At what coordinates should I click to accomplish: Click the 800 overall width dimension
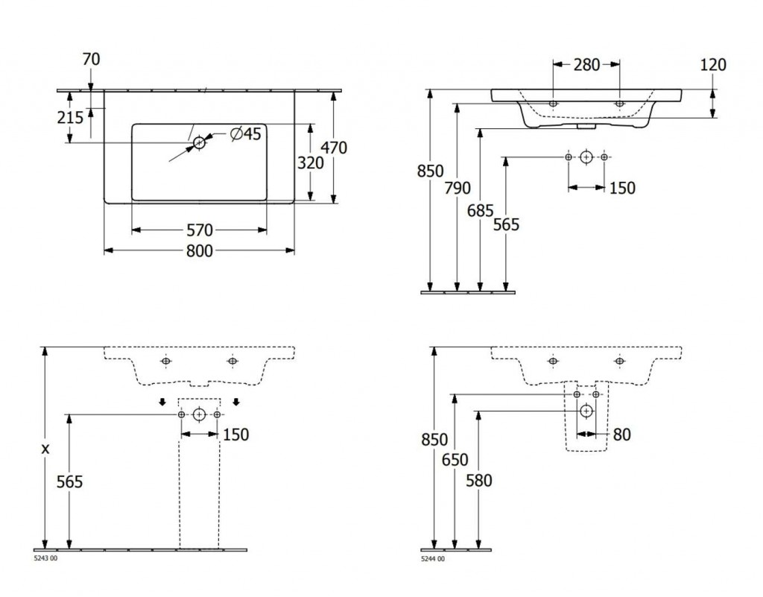tap(198, 251)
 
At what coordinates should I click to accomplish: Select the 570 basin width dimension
tap(198, 230)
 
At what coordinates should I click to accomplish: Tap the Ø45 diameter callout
tap(245, 134)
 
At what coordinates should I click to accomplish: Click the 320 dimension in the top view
tap(310, 162)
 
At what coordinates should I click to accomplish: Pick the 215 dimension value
tap(70, 117)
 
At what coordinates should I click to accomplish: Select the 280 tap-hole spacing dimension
tap(586, 65)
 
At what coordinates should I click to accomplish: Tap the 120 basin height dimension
tap(713, 65)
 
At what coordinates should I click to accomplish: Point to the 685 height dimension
tap(481, 211)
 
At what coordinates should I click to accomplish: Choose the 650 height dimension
tap(455, 460)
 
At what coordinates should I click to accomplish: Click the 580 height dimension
tap(478, 481)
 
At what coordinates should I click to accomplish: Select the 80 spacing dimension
tap(621, 434)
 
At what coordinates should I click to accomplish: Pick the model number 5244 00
tap(432, 559)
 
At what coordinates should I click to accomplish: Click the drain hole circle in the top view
tap(199, 142)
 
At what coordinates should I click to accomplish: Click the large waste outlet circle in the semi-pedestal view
tap(586, 410)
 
